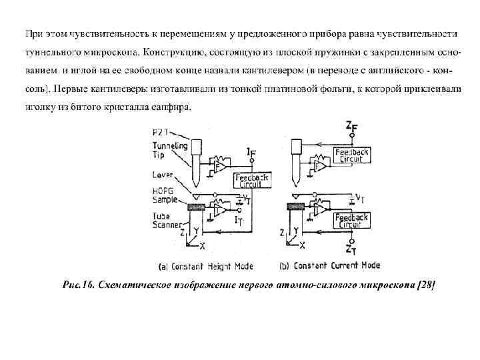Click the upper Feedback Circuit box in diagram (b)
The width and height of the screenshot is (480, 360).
point(351,155)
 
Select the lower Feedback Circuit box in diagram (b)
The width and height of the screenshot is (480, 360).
point(351,221)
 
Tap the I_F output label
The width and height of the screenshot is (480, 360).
point(251,154)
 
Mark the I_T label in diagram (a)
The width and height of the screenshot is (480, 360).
point(239,217)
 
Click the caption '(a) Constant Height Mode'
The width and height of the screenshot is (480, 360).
point(206,266)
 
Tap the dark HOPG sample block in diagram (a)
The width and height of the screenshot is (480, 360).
point(197,207)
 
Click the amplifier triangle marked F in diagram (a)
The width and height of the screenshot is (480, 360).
point(217,164)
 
